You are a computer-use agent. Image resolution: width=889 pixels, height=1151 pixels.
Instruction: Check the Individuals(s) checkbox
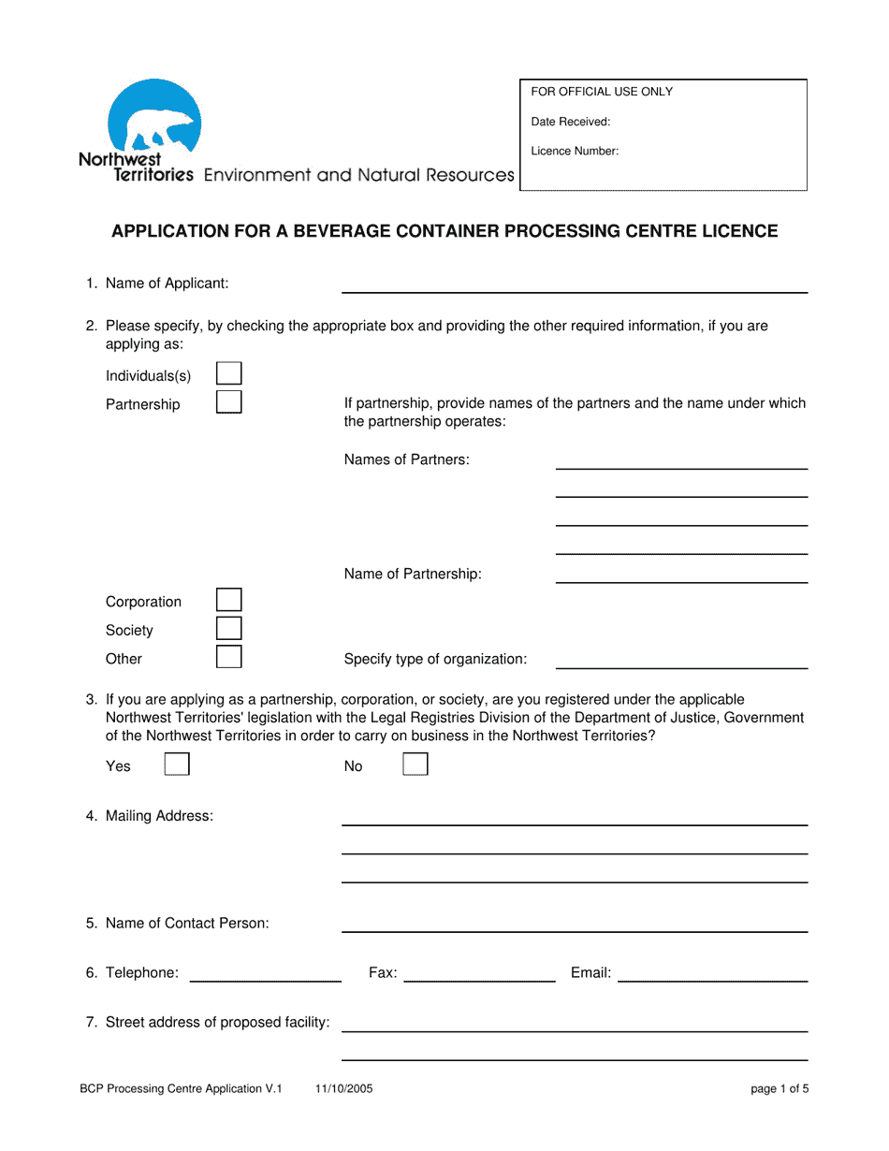point(228,374)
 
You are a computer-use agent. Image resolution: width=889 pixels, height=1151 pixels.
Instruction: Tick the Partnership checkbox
point(228,402)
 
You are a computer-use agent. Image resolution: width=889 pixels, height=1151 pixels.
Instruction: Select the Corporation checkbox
point(228,600)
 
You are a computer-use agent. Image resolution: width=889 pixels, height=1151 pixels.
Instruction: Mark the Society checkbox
point(228,629)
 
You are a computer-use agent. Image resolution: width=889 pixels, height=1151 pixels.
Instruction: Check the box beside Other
point(228,657)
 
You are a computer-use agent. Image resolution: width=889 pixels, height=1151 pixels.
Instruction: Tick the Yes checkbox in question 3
point(177,765)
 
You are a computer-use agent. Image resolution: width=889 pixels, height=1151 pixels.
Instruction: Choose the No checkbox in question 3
point(415,765)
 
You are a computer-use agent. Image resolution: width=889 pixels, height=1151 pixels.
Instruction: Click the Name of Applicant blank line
point(574,284)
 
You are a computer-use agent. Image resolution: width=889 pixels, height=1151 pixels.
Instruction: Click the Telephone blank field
point(265,973)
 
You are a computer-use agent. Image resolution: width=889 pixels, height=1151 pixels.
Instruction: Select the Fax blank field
point(479,973)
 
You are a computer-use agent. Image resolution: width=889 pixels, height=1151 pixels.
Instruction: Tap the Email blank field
point(712,973)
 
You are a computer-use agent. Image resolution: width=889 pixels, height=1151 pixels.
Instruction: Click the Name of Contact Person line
point(574,924)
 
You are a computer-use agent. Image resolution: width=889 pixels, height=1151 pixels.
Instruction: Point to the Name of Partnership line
point(681,575)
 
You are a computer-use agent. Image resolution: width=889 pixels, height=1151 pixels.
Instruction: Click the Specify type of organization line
point(681,660)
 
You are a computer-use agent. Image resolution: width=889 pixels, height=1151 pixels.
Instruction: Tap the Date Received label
point(571,122)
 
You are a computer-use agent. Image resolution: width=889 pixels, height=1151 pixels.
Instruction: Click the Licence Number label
point(575,151)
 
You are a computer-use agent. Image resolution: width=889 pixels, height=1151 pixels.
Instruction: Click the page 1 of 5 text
point(779,1088)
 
